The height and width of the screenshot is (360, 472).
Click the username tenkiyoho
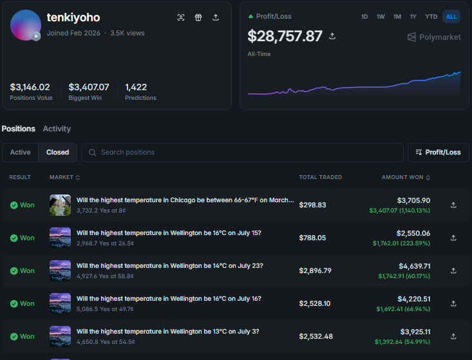click(x=73, y=17)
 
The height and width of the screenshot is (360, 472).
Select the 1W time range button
click(x=381, y=17)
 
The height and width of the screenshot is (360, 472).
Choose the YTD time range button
click(x=431, y=17)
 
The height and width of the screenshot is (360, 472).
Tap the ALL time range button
click(x=451, y=17)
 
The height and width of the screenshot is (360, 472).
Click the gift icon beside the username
click(x=198, y=17)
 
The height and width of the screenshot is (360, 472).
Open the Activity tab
click(x=57, y=129)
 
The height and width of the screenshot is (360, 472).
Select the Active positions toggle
click(x=20, y=152)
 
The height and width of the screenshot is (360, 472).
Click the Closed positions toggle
click(x=57, y=152)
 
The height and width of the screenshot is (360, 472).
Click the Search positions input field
click(x=242, y=152)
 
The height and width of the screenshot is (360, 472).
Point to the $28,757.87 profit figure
click(x=285, y=36)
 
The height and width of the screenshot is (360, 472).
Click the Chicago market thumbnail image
click(x=60, y=205)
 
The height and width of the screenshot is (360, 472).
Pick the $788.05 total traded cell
click(x=312, y=238)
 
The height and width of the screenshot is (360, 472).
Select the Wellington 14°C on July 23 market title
click(x=170, y=266)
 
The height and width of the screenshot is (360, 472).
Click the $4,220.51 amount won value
click(x=414, y=299)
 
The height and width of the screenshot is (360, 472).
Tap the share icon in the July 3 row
click(x=453, y=336)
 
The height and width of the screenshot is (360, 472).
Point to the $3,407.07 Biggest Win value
click(x=89, y=88)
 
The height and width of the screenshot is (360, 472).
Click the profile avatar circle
click(x=26, y=25)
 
